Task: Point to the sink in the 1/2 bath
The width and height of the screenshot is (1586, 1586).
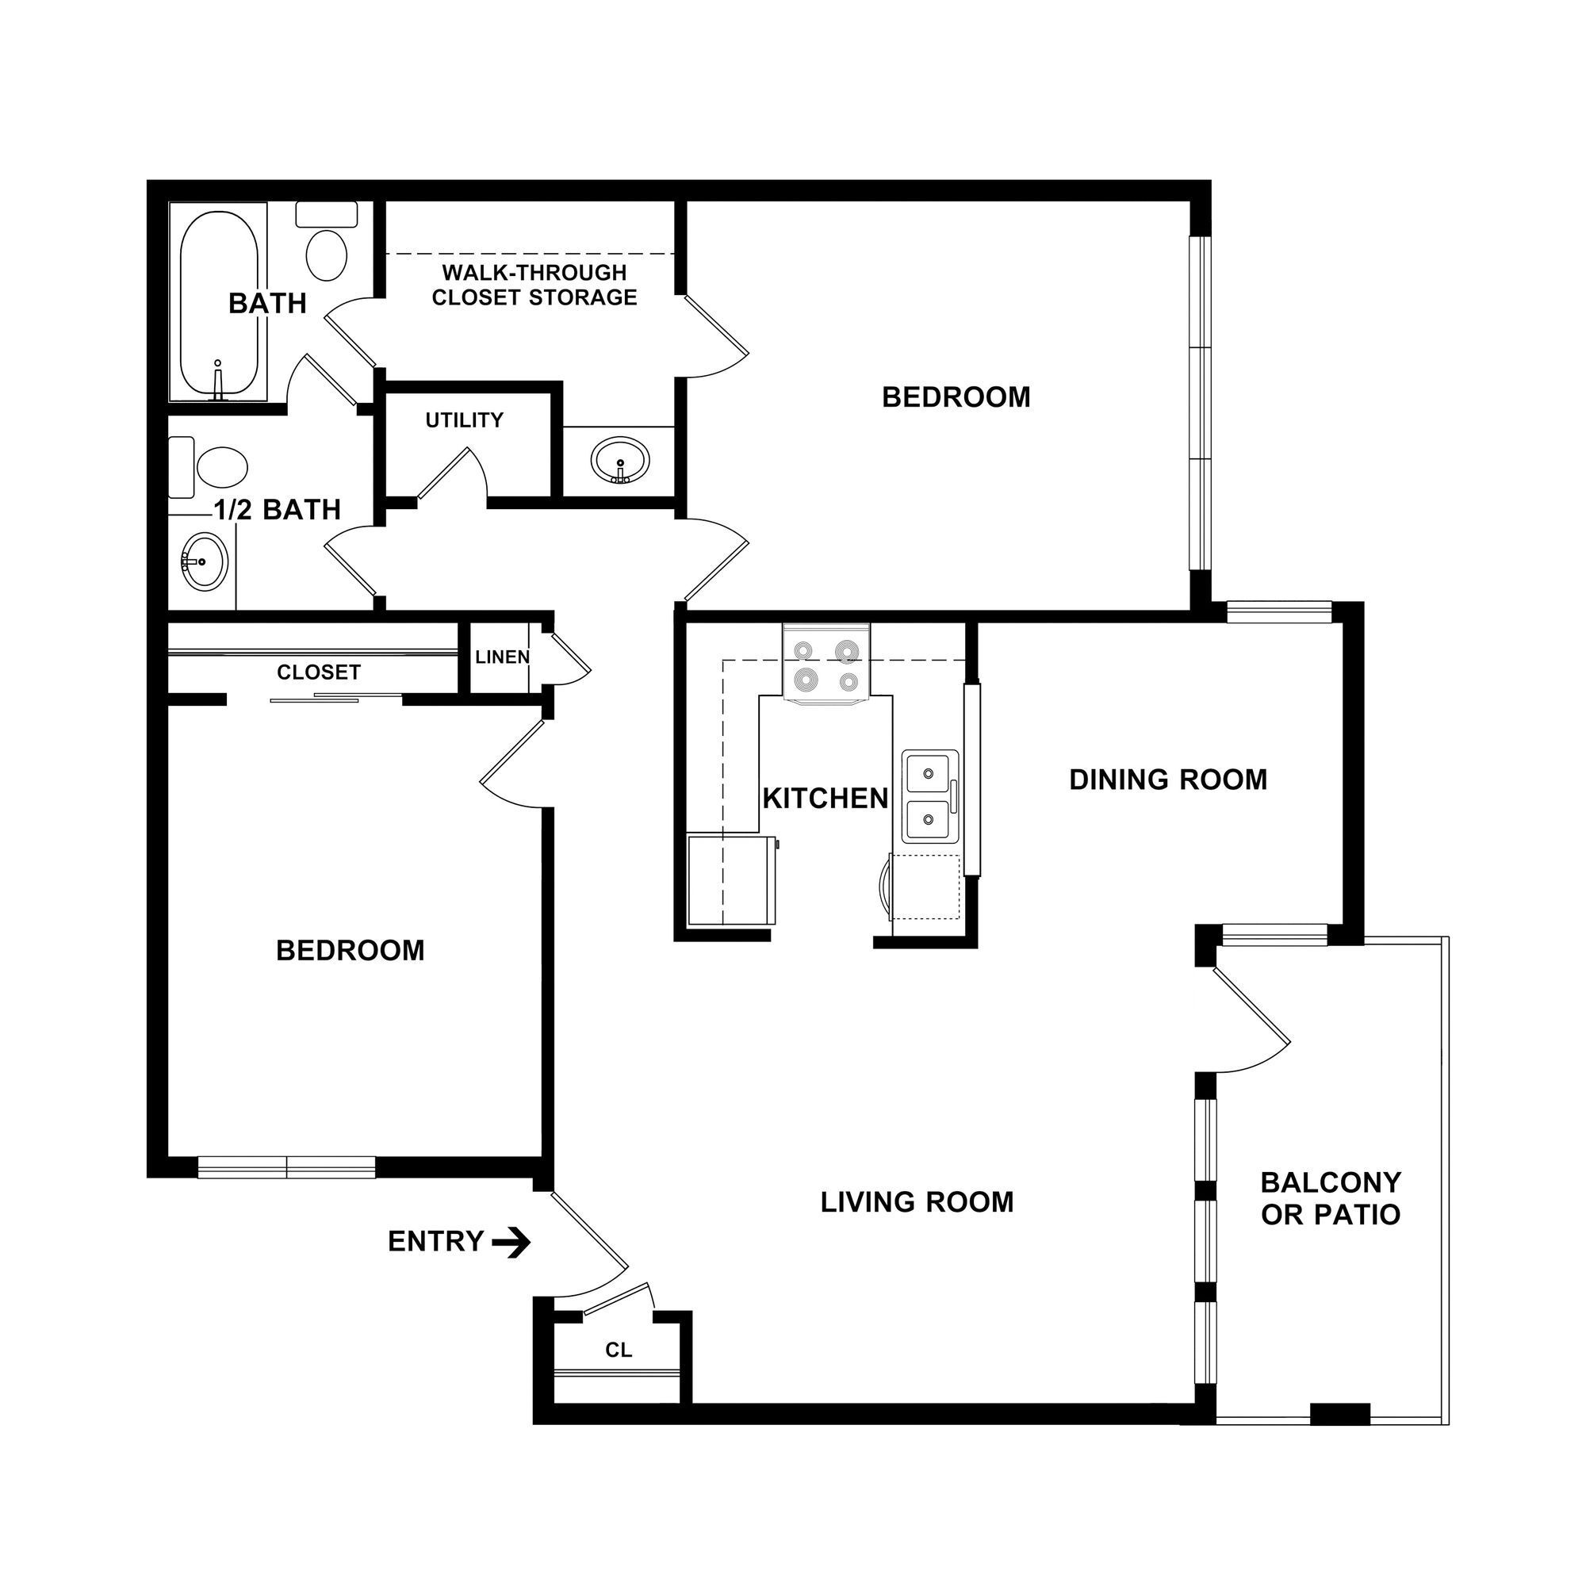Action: point(204,561)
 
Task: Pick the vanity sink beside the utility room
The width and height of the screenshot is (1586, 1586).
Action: point(621,462)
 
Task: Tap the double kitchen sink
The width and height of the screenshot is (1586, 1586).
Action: point(929,796)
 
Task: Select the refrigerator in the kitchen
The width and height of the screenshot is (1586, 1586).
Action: point(731,880)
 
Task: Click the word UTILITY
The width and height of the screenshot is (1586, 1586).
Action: point(465,420)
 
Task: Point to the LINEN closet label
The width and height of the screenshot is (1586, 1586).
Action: point(503,657)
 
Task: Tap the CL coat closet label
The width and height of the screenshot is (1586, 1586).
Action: point(619,1350)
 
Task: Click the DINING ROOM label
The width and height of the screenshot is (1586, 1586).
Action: point(1168,779)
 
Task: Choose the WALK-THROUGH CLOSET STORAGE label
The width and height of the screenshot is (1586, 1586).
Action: point(534,285)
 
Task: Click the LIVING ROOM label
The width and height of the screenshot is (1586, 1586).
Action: point(917,1202)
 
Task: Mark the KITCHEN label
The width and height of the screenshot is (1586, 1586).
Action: point(825,798)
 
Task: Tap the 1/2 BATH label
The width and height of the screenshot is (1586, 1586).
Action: point(278,510)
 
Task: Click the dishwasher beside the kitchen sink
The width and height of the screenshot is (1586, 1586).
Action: point(926,887)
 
